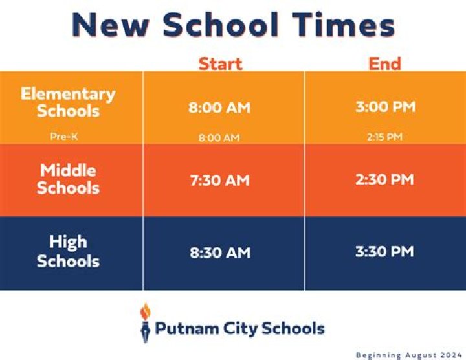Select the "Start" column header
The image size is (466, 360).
(x=220, y=63)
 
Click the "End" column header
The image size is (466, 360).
(x=385, y=63)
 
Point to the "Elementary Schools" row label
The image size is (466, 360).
(x=68, y=102)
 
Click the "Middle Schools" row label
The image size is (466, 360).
(x=68, y=179)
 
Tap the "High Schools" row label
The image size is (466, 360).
(x=68, y=251)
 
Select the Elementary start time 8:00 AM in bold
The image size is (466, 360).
(x=219, y=107)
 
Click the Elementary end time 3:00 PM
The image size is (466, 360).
(x=385, y=107)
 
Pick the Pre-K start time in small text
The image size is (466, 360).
(x=219, y=137)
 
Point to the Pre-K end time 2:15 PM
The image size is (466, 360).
(x=385, y=137)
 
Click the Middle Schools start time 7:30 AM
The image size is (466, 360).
(x=219, y=180)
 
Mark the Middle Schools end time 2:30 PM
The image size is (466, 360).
(x=385, y=179)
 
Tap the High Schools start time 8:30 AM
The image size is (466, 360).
(x=219, y=253)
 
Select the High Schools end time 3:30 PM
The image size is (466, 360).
(x=385, y=251)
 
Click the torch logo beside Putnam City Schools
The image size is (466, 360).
(x=145, y=322)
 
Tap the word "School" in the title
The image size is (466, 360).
(x=220, y=26)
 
